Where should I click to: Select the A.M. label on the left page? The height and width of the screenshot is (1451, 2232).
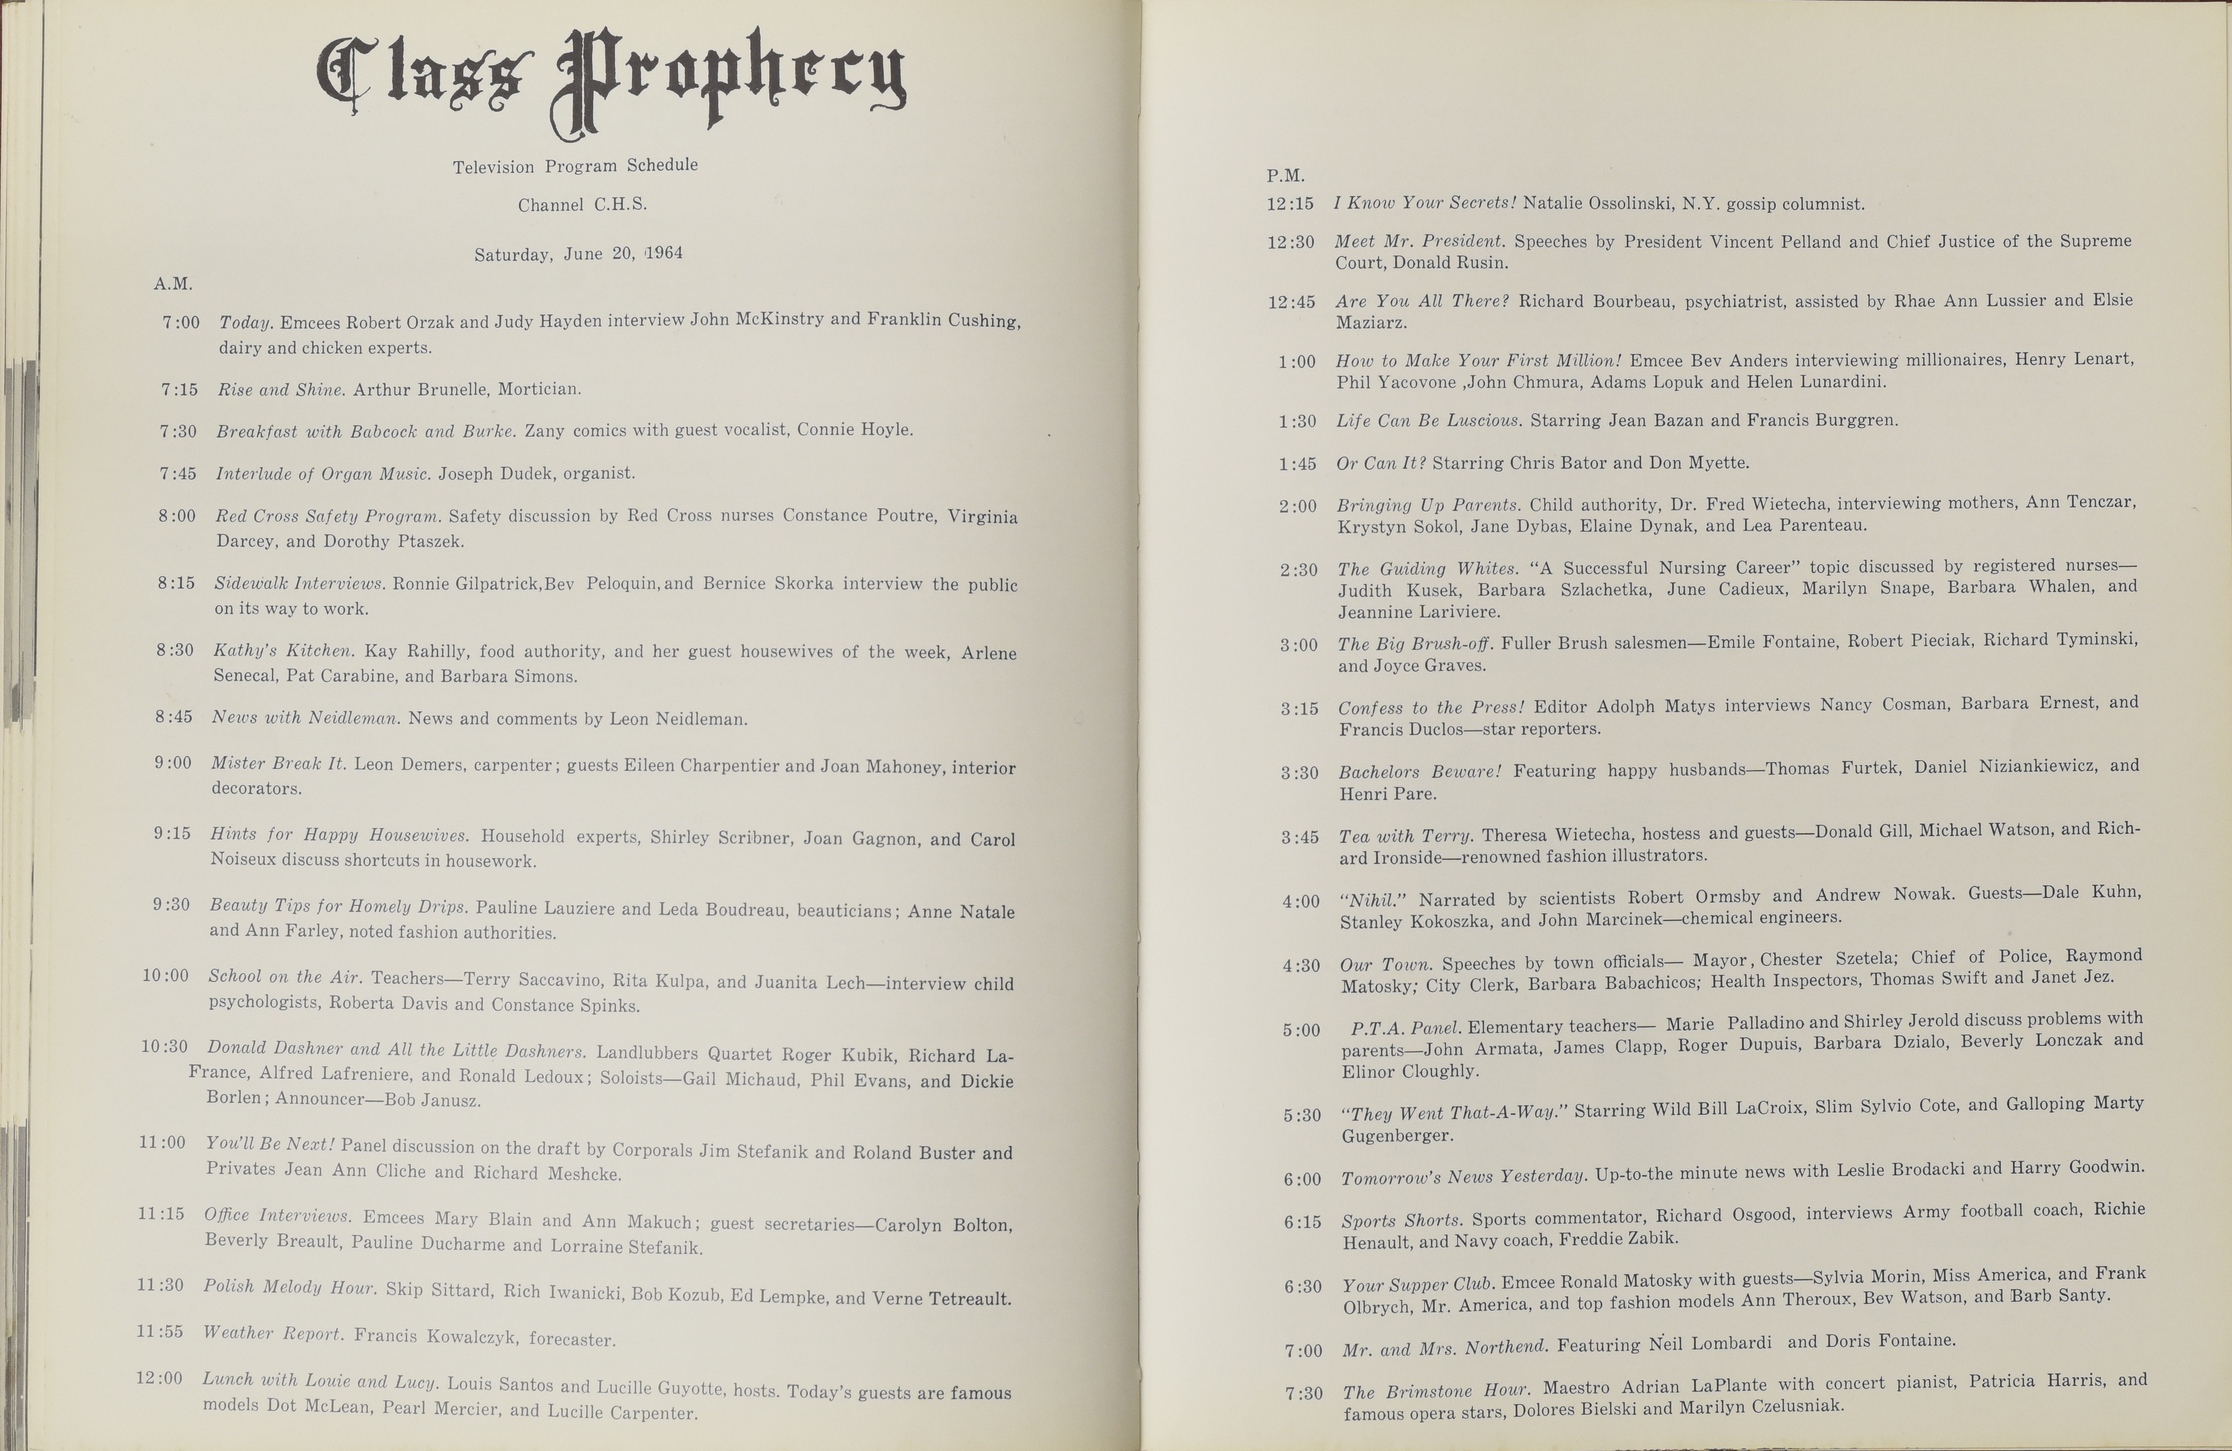point(173,283)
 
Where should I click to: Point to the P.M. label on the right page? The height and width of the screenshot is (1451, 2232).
point(1285,176)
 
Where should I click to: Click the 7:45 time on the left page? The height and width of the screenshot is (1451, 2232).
point(177,474)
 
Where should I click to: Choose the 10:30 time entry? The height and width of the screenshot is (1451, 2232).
point(164,1046)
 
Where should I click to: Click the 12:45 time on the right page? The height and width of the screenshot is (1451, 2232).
point(1290,302)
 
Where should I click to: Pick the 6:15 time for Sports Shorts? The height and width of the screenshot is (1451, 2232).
point(1303,1222)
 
